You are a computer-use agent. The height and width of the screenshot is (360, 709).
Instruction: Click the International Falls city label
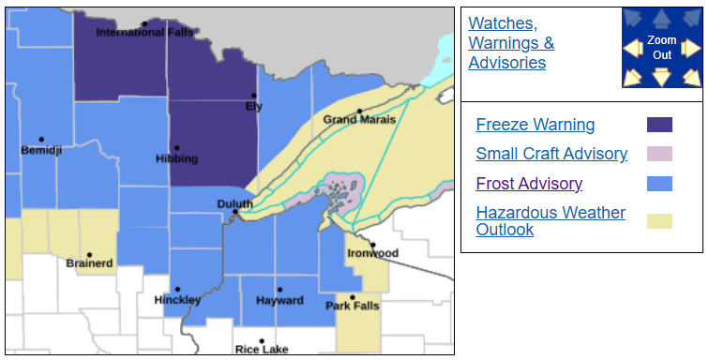pyautogui.click(x=144, y=33)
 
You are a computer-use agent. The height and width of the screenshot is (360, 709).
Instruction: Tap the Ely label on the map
pyautogui.click(x=254, y=106)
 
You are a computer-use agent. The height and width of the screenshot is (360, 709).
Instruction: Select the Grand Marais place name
pyautogui.click(x=359, y=120)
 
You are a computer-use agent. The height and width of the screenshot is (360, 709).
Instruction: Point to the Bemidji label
pyautogui.click(x=41, y=150)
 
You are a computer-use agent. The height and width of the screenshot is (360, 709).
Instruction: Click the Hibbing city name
pyautogui.click(x=176, y=158)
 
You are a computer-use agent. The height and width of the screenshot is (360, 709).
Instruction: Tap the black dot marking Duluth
pyautogui.click(x=234, y=213)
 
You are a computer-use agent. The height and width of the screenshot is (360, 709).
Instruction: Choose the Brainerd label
pyautogui.click(x=89, y=263)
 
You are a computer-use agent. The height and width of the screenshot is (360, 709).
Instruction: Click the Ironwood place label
pyautogui.click(x=372, y=253)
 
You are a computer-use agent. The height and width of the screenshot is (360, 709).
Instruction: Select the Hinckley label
pyautogui.click(x=177, y=300)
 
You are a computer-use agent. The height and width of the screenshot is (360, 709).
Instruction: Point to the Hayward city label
pyautogui.click(x=279, y=301)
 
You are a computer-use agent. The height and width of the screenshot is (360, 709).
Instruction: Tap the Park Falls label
pyautogui.click(x=352, y=307)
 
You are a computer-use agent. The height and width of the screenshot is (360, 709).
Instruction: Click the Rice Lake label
pyautogui.click(x=262, y=350)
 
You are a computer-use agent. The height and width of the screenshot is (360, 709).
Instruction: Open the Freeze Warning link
pyautogui.click(x=535, y=125)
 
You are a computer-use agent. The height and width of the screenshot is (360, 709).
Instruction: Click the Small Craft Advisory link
pyautogui.click(x=551, y=154)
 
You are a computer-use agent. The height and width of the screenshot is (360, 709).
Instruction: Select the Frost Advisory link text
pyautogui.click(x=529, y=184)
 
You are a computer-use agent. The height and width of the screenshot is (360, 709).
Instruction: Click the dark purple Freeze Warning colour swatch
pyautogui.click(x=659, y=125)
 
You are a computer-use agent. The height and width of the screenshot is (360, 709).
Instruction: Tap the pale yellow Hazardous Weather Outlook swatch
pyautogui.click(x=659, y=221)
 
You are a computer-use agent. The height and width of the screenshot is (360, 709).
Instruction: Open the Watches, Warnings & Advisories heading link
pyautogui.click(x=511, y=42)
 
